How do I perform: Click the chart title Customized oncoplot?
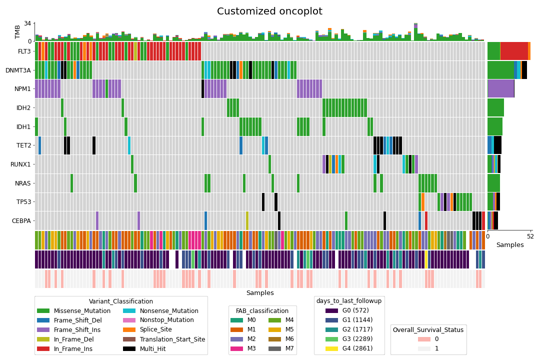point(269,11)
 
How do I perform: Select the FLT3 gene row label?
point(24,51)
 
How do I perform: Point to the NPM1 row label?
point(23,89)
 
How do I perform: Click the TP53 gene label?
point(24,202)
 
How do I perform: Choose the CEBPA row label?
point(22,220)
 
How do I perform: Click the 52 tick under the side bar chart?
point(529,236)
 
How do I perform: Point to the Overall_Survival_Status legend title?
point(428,330)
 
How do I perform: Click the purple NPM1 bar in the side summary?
point(500,89)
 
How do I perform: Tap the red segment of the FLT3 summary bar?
point(514,51)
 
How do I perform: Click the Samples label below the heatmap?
point(259,293)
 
